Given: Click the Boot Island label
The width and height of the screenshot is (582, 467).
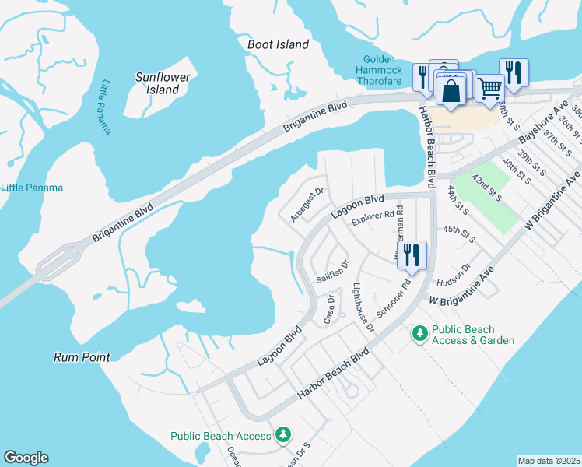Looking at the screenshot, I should click(x=278, y=44).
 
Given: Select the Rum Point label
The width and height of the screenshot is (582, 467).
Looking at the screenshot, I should click(x=82, y=357).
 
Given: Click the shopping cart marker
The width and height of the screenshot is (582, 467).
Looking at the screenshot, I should click(x=489, y=87).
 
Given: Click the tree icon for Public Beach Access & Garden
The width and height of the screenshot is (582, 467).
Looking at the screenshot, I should click(x=420, y=333).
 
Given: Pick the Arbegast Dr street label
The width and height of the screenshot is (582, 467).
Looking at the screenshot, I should click(x=307, y=205).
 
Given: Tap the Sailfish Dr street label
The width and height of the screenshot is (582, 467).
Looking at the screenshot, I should click(x=333, y=272).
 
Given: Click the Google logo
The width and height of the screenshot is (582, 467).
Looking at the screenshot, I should click(x=26, y=458).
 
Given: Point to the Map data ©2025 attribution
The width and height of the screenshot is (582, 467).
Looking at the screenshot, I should click(x=548, y=461).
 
